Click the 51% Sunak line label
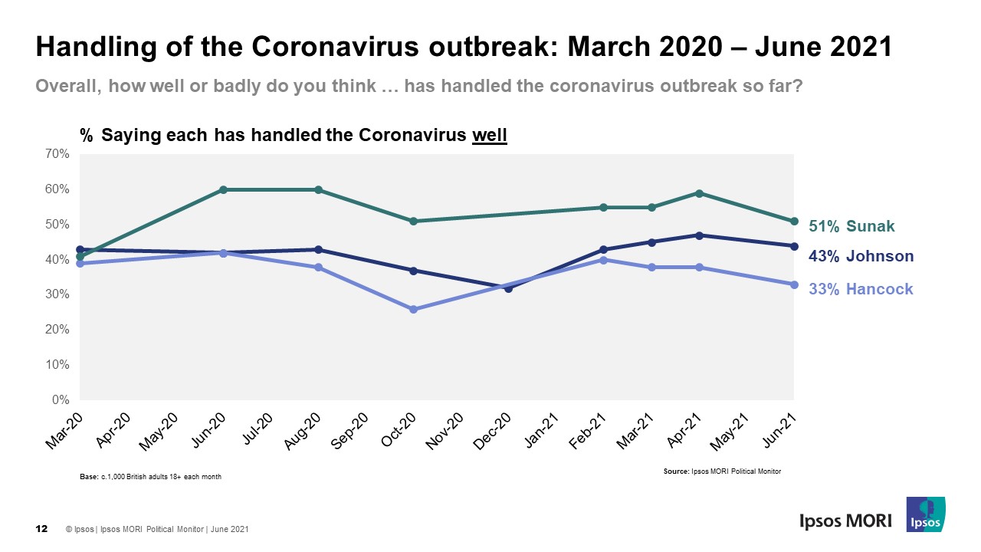point(851,226)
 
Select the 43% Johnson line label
point(861,257)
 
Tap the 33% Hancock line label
point(861,290)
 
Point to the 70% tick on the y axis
point(58,154)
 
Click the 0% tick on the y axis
point(61,400)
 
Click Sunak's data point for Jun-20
point(223,189)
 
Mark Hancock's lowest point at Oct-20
point(413,309)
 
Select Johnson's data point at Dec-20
point(508,288)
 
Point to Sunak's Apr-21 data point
point(698,193)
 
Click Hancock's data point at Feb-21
point(603,260)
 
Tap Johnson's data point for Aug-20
point(318,249)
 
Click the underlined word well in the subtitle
point(490,136)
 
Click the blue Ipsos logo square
point(926,514)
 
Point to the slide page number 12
point(43,529)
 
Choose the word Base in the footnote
point(89,477)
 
